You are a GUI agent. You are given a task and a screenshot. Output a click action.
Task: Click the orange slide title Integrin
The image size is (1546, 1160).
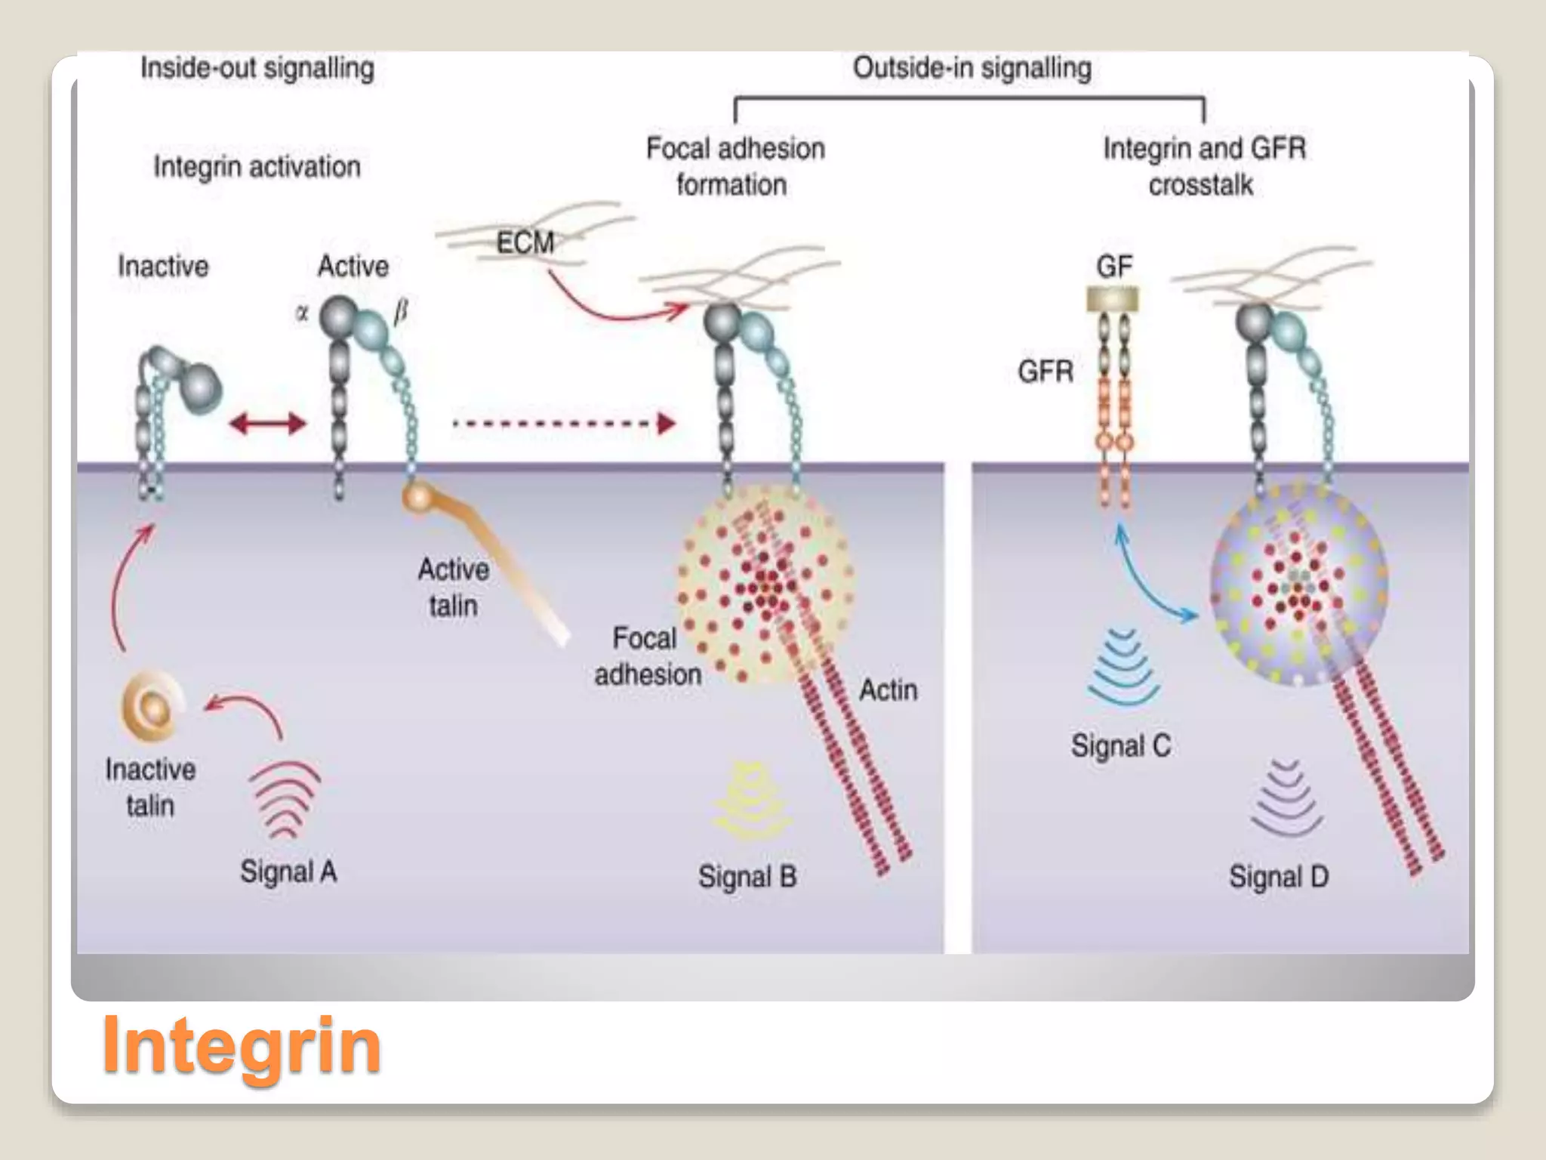[x=242, y=1045]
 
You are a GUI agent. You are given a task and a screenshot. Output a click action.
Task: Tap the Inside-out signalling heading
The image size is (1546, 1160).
[x=257, y=69]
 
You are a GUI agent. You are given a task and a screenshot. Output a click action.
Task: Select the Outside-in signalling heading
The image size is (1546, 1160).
[x=972, y=68]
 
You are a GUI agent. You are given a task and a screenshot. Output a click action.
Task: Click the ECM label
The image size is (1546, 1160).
[x=525, y=242]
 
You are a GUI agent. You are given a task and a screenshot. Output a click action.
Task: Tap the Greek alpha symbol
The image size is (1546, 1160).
[x=302, y=313]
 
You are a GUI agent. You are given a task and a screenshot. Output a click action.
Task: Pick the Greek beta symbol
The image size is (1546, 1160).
[x=401, y=310]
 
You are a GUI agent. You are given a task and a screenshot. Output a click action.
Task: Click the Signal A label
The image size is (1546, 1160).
[x=288, y=872]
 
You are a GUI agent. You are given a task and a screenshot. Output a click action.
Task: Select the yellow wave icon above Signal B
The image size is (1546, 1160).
[x=752, y=801]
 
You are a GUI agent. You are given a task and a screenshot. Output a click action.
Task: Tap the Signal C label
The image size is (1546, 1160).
[x=1121, y=746]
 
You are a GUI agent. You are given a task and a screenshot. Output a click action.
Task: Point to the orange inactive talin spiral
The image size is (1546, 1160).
[x=152, y=706]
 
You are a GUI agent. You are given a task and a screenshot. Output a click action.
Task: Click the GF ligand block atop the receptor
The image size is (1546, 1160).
[x=1113, y=300]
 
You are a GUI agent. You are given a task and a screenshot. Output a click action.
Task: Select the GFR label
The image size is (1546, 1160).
[x=1046, y=372]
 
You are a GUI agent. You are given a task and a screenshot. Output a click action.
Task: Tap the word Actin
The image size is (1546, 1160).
[x=888, y=690]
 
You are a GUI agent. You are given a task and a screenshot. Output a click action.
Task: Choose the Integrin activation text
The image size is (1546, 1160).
[x=257, y=167]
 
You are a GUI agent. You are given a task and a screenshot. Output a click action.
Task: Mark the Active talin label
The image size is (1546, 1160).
[x=453, y=587]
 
